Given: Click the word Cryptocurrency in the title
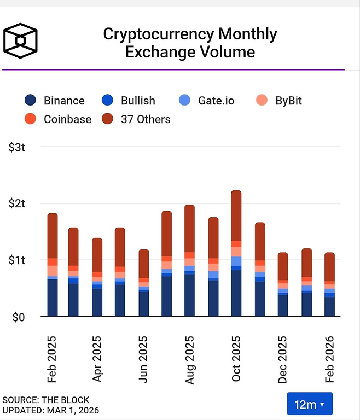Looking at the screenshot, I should pos(159,34).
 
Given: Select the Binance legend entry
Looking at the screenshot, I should pos(55,101).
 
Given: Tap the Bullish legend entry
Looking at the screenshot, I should pos(129,101).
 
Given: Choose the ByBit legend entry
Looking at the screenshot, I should pos(280,101).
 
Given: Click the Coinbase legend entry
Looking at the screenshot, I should pos(58,119).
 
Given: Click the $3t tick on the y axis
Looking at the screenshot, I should pos(17,147).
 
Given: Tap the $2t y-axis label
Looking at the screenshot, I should pos(17,203).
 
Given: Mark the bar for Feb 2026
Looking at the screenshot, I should pos(329,284).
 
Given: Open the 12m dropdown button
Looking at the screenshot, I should pos(309,404).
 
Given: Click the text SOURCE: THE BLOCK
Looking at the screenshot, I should pos(45,400).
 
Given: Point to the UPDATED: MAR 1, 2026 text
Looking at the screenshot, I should pos(50,410).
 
